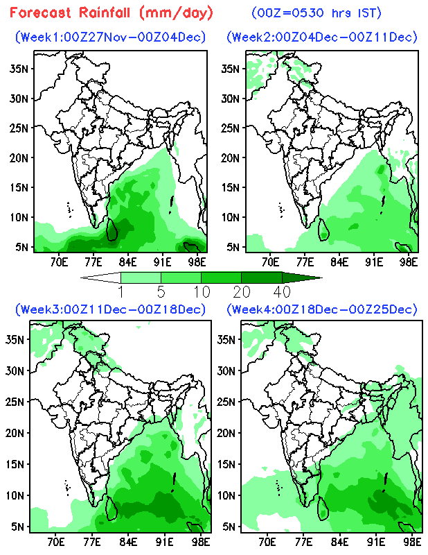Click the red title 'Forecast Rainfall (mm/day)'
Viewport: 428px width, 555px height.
point(112,12)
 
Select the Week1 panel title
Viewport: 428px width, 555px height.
point(111,36)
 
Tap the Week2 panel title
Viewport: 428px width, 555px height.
point(322,36)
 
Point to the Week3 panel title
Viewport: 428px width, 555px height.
point(111,309)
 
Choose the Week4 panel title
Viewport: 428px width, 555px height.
point(322,309)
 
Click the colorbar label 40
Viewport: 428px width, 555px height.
point(281,290)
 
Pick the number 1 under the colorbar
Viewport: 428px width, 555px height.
point(121,290)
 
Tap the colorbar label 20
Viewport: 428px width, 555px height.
point(241,290)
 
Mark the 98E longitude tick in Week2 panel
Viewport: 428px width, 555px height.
point(409,262)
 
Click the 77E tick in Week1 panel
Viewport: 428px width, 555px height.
point(92,262)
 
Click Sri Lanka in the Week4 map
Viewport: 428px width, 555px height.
point(322,508)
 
